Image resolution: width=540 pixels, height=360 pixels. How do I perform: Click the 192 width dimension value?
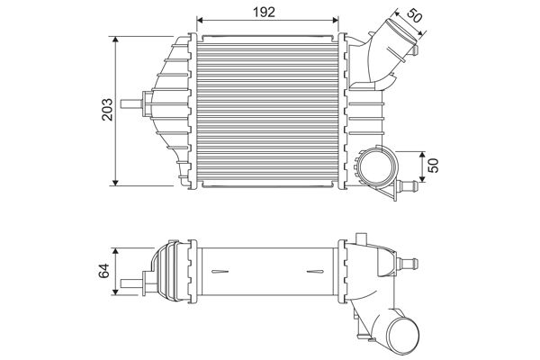[x=264, y=11]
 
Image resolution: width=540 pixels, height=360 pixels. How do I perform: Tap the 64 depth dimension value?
[x=104, y=269]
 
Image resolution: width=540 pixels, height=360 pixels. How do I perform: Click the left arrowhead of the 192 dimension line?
[x=202, y=20]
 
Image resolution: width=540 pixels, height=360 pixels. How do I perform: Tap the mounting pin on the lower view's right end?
[x=409, y=263]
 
